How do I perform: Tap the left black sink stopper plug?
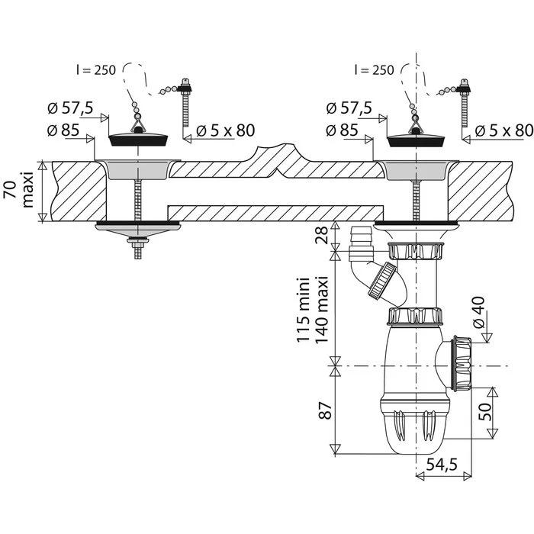tap(138, 139)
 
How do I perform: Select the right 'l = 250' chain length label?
tap(375, 70)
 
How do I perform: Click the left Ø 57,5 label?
tap(69, 109)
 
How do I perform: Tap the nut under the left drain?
tap(138, 242)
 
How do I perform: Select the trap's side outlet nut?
tap(462, 362)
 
